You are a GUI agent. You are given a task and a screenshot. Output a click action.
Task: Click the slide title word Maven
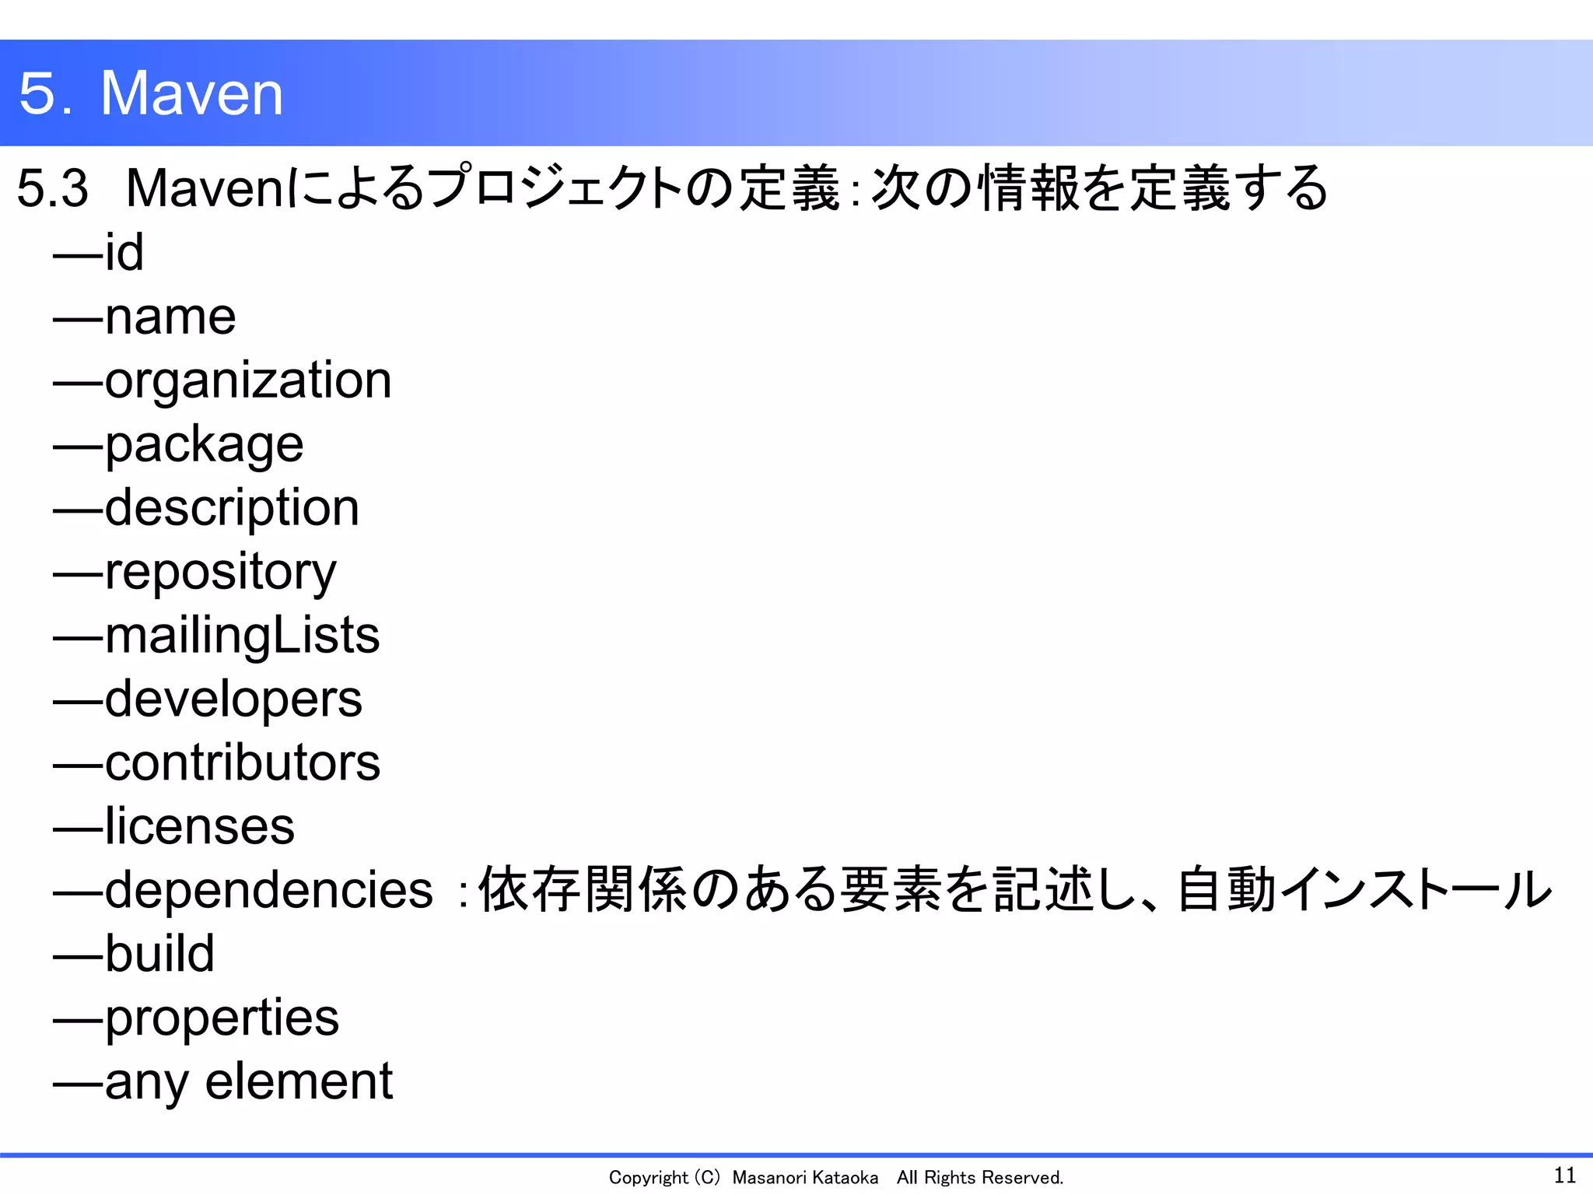(191, 93)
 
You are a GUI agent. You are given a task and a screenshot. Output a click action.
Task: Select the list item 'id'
(124, 253)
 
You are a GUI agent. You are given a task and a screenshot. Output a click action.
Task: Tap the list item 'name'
(170, 317)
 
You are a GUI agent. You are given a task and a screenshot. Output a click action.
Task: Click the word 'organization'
(247, 381)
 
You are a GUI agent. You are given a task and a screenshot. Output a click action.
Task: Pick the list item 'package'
(204, 446)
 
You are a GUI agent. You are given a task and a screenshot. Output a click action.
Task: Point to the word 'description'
(232, 509)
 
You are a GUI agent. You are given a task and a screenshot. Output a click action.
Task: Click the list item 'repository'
(220, 573)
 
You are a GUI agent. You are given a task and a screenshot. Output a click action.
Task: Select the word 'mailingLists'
(242, 636)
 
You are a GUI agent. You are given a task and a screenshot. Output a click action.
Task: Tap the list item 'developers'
(233, 699)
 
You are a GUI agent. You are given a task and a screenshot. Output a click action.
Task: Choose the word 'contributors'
(242, 762)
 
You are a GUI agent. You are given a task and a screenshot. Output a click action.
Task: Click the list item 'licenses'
(199, 826)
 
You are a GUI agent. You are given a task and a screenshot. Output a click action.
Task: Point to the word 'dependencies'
(268, 890)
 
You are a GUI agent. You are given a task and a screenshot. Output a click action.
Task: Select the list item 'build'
(159, 954)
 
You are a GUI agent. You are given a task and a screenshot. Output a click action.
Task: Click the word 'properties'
(222, 1018)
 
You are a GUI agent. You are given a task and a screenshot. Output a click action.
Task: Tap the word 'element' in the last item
(299, 1081)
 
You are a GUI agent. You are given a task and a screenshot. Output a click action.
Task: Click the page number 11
(1564, 1175)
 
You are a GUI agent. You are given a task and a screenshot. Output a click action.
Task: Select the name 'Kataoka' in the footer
(844, 1178)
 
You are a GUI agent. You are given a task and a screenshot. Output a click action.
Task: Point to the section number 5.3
(52, 188)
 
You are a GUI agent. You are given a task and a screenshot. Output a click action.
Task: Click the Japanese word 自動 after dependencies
(1227, 890)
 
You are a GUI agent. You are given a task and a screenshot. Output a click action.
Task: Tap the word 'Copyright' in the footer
(648, 1178)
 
